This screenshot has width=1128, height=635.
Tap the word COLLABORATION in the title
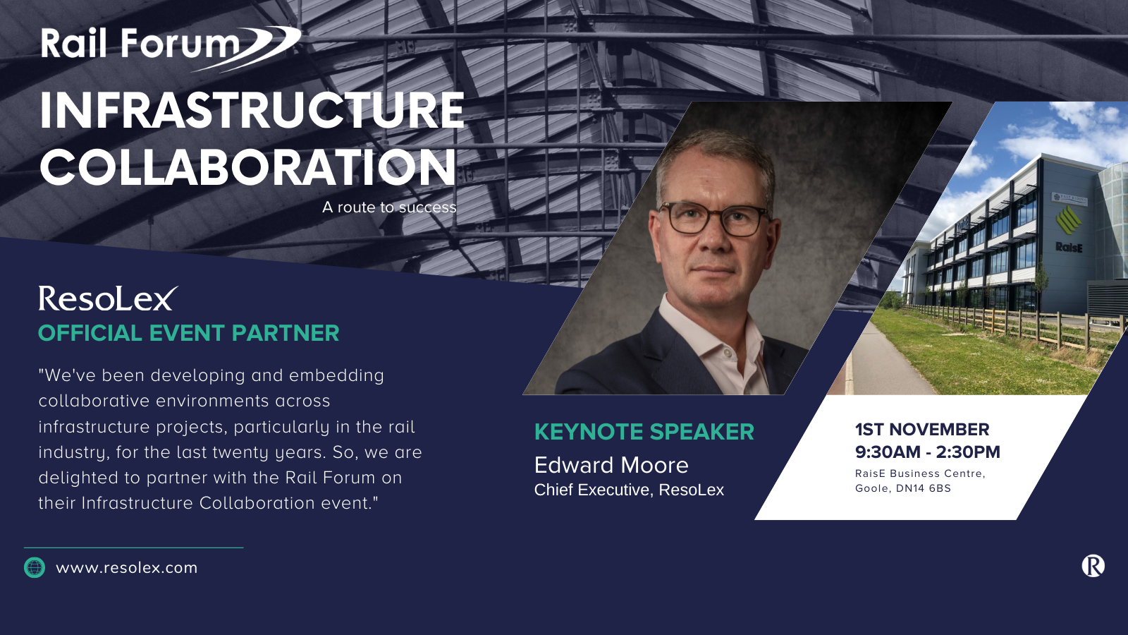pos(247,167)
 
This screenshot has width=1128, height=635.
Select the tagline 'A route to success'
pos(389,207)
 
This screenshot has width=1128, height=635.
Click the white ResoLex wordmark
pos(109,298)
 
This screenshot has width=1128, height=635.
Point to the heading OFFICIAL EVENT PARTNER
pos(189,333)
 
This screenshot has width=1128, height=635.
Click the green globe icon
pos(35,567)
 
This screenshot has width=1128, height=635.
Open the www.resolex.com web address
pos(126,568)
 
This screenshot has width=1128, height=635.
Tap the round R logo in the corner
pos(1093,565)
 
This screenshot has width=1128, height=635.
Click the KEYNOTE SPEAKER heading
pos(644,432)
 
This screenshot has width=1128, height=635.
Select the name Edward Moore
pos(611,465)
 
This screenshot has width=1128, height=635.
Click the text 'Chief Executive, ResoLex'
pos(629,490)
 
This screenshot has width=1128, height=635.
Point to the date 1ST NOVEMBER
pos(922,430)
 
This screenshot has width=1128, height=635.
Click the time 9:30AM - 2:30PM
pos(928,452)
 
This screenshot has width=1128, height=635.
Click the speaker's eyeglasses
pos(714,219)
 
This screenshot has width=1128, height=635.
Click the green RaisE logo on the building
pos(1068,220)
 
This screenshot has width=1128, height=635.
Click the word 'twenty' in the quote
pos(241,452)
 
